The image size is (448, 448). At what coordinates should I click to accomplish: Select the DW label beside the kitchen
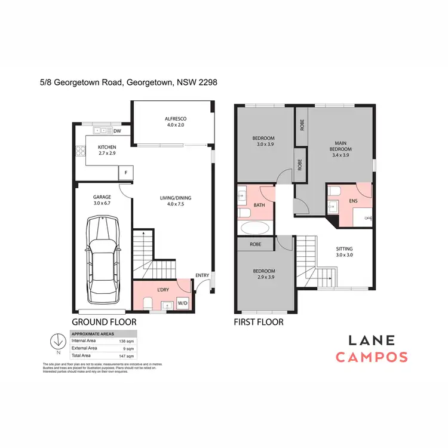pos(118,131)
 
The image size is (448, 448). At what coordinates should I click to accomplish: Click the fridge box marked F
pos(125,173)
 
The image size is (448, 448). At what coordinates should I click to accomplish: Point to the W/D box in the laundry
pos(182,303)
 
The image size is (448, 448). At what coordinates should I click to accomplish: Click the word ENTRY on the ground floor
pos(202,275)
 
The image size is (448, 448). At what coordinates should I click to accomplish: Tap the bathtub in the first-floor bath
pos(256,228)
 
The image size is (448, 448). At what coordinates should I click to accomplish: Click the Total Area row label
pos(82,355)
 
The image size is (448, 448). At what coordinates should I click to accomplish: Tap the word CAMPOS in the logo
pos(372,357)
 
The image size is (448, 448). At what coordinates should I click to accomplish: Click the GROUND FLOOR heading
pos(104,321)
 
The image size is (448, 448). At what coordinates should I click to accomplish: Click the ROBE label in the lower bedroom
pos(256,244)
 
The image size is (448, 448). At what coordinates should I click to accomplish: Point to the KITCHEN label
pos(107,147)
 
